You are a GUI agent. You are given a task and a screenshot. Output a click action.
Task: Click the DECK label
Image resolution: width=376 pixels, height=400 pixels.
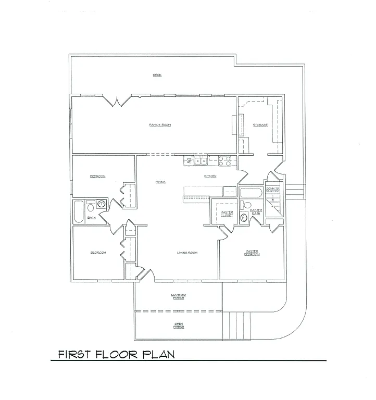tap(157, 75)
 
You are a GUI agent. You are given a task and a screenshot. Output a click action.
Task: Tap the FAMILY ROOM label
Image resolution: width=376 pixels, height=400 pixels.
tap(160, 125)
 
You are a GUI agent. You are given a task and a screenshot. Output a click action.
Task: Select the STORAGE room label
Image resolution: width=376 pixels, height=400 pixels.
tap(260, 125)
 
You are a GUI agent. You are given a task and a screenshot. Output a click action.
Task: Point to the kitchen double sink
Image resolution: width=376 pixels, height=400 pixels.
tap(201, 161)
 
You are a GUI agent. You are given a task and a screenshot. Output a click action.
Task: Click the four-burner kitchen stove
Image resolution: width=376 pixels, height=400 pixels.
tap(224, 161)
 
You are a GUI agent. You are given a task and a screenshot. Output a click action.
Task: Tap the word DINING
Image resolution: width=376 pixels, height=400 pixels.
tap(160, 182)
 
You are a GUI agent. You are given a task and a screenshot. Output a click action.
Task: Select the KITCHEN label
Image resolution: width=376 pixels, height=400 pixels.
tap(210, 176)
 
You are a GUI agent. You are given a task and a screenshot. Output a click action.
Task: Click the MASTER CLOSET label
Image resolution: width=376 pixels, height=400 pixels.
tap(227, 214)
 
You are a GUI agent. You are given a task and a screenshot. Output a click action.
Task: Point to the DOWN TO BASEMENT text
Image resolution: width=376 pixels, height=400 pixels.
tap(273, 190)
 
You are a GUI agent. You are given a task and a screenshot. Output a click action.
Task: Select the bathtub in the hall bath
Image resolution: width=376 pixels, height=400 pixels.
tap(78, 211)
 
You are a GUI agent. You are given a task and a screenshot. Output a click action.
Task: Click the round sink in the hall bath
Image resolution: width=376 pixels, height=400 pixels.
tap(101, 204)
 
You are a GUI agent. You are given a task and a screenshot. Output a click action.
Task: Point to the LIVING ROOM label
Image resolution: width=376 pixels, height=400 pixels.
tap(187, 253)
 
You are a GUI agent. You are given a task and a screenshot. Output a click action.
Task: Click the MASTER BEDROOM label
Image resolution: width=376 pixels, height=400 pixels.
tap(252, 253)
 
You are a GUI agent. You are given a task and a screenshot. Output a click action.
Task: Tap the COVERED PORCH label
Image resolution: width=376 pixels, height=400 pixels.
tap(179, 296)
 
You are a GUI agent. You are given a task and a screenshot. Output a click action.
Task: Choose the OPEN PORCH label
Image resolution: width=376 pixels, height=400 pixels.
tap(179, 326)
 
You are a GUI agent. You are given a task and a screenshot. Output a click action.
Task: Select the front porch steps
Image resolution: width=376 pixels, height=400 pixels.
tap(236, 324)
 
